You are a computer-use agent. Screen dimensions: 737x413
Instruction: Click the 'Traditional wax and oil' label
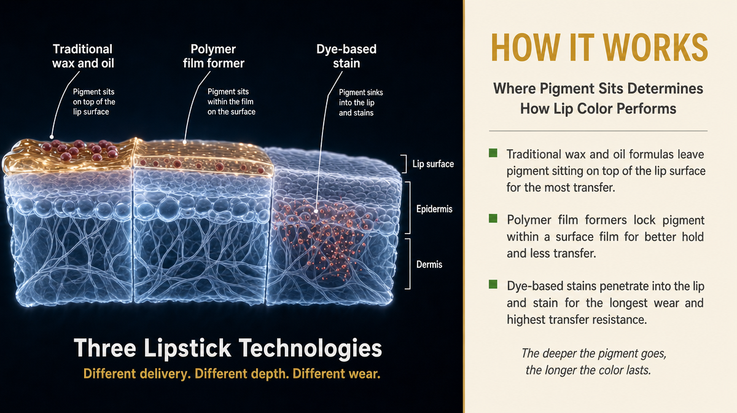tap(83, 56)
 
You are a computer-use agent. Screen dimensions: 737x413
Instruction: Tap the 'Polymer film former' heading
tap(214, 56)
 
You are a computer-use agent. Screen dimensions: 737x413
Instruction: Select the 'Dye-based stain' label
tap(346, 56)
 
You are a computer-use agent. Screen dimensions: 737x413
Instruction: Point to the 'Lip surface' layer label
tap(433, 163)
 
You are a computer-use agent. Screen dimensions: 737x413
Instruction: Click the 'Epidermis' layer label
tap(434, 209)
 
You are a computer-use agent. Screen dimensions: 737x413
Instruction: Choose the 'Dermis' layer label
tap(429, 264)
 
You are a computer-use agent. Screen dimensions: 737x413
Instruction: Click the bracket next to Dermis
tap(409, 264)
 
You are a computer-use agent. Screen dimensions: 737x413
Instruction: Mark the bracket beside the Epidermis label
tap(409, 208)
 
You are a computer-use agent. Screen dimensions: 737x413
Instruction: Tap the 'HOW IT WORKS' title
tap(599, 47)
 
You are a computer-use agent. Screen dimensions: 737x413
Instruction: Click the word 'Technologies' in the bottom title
tap(310, 348)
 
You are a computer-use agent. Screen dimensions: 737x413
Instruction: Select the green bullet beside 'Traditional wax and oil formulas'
tap(493, 153)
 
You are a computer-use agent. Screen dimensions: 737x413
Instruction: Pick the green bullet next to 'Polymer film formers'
tap(493, 218)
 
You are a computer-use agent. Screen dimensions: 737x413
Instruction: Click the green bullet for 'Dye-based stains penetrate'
tap(493, 284)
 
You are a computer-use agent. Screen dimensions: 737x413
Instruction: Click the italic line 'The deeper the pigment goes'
tap(594, 353)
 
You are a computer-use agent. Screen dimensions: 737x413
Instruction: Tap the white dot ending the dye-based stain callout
tap(316, 211)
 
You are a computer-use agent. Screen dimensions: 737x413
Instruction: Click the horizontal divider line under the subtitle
tap(598, 131)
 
